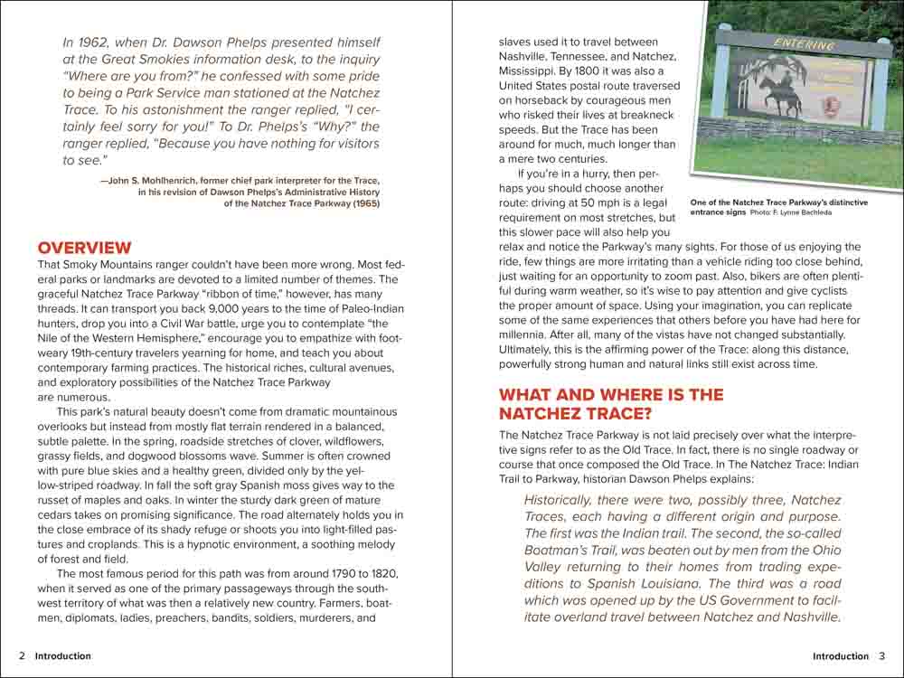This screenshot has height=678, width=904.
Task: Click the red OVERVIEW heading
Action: [x=84, y=248]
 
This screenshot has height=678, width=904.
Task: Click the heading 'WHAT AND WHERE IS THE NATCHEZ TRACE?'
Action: [x=611, y=404]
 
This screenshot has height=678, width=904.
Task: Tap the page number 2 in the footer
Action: [x=21, y=656]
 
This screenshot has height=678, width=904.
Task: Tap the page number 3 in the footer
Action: [x=882, y=656]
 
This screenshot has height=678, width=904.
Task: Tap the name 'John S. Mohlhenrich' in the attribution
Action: [x=150, y=180]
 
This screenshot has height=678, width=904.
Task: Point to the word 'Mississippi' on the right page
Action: [x=534, y=71]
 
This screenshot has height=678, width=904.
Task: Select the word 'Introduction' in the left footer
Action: [x=63, y=656]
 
